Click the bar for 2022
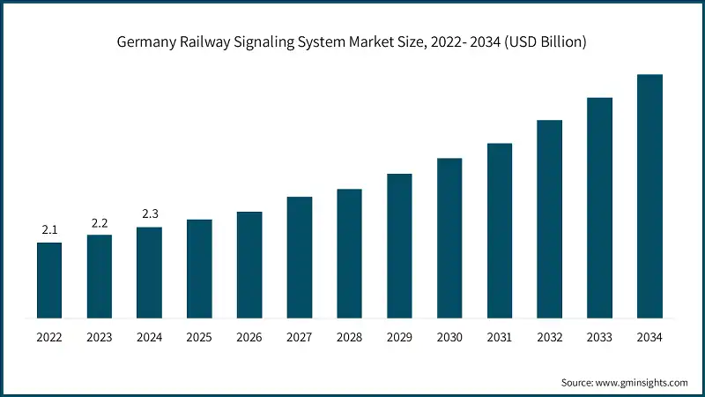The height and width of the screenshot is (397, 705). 49,280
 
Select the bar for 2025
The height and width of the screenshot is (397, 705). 199,268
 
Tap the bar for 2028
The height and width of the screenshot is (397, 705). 349,253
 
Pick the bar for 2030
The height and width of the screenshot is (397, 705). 449,237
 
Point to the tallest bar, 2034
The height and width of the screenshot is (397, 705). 649,196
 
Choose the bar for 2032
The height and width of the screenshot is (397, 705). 549,219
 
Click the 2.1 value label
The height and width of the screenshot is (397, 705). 49,230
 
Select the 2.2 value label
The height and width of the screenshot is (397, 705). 100,222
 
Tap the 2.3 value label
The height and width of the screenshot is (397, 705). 149,214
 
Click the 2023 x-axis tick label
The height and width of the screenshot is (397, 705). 100,337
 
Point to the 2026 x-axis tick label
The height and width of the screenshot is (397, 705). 249,337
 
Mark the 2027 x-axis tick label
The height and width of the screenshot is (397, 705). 300,337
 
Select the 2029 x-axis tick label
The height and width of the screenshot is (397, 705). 399,337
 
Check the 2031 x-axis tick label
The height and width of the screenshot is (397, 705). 500,337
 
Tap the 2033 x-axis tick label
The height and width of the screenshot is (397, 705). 599,337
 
